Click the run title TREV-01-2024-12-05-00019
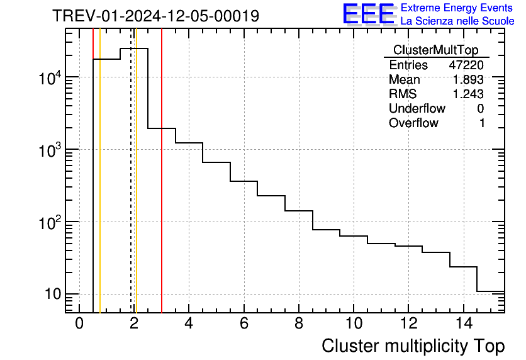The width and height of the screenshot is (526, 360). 155,16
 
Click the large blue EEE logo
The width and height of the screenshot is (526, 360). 368,14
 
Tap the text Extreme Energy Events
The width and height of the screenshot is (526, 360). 457,8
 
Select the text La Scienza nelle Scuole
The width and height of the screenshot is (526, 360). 457,21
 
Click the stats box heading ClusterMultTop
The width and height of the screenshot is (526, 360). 435,50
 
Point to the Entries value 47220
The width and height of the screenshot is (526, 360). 466,65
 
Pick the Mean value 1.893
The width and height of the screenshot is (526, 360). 468,80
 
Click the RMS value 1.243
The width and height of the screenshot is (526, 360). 468,94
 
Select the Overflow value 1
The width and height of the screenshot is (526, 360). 482,123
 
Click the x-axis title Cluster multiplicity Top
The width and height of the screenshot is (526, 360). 413,346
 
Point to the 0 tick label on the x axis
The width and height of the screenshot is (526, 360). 79,323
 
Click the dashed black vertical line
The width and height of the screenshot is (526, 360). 131,189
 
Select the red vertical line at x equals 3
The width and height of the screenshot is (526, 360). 162,189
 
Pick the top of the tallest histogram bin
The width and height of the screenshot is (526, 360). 134,48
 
